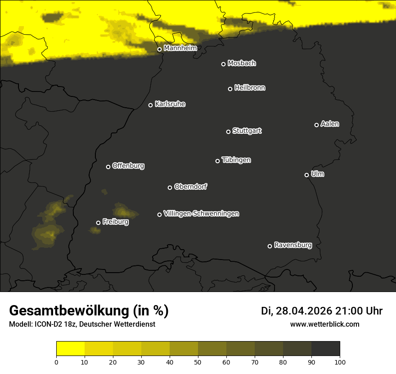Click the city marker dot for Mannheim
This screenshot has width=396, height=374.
click(x=159, y=50)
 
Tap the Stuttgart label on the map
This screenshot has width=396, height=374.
click(x=247, y=131)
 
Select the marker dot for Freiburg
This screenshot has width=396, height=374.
click(x=98, y=223)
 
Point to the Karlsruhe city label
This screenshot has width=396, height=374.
click(x=170, y=104)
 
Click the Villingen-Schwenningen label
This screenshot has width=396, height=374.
click(x=201, y=214)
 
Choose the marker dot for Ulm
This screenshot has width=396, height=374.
click(x=306, y=175)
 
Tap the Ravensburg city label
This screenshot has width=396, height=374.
click(x=292, y=246)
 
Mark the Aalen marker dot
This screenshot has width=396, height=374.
click(x=316, y=125)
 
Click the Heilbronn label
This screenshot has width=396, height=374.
click(x=250, y=88)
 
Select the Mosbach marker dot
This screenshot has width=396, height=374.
click(x=223, y=64)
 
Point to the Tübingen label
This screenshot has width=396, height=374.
click(x=236, y=160)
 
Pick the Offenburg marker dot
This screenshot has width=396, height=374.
click(x=108, y=167)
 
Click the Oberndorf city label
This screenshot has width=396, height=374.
click(x=190, y=187)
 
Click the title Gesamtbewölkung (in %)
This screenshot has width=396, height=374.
click(x=89, y=311)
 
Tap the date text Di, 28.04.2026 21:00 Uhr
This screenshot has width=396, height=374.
click(x=321, y=311)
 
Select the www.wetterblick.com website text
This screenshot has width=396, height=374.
click(x=324, y=324)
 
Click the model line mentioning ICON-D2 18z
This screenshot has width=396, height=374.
click(x=82, y=324)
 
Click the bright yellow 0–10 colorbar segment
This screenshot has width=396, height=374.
click(x=70, y=348)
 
